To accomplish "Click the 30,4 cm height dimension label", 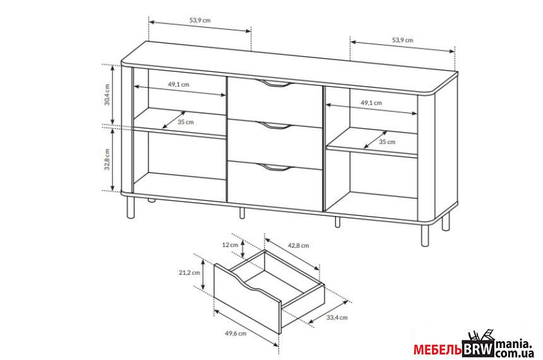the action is pos(107,95).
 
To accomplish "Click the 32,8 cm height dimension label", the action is pos(107,159).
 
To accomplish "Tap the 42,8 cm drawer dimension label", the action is pos(299,246).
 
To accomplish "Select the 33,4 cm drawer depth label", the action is pos(337,318).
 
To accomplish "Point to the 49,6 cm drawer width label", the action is pos(236,333).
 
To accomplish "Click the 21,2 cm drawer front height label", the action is pos(189,273).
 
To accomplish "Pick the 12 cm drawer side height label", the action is pos(230,245).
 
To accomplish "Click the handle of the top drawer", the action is pos(275,83).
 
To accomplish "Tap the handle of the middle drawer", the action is pos(275,126).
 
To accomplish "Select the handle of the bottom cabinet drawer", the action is pos(275,168).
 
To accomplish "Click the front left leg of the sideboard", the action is pos(131,207).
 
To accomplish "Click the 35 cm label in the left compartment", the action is pos(186,122).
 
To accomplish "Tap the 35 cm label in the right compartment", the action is pos(387,141).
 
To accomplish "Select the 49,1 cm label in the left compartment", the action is pos(179,84).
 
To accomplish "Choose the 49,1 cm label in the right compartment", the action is pos(371,103).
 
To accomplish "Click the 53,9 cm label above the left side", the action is pos(200,20).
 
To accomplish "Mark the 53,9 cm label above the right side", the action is pos(402,40).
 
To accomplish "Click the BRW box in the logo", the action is pos(479,350).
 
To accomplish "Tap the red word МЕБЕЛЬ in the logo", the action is pos(438,351).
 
